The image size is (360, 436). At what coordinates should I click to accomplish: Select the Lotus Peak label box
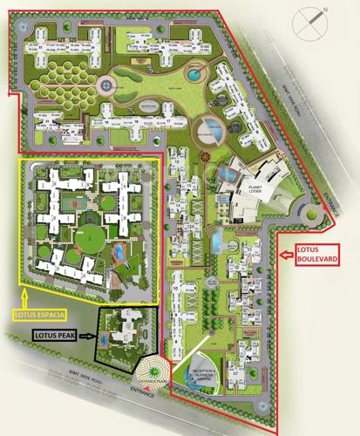pyautogui.click(x=56, y=334)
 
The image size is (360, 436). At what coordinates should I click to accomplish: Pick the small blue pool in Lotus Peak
pyautogui.click(x=106, y=337)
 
